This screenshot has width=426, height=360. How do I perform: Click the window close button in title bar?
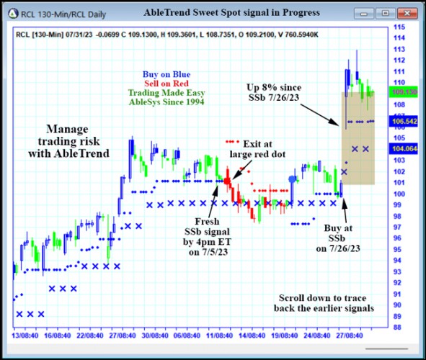coord(407,13)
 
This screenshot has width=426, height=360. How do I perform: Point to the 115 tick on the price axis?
coord(399,27)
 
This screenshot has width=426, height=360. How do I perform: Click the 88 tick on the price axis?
coord(397,327)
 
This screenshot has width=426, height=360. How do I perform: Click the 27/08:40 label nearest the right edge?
coord(350,336)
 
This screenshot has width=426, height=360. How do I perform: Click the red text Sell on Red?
coord(167,83)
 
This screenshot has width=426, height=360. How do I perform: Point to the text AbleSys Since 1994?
coord(167,103)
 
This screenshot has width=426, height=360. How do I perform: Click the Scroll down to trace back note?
coord(324,303)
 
